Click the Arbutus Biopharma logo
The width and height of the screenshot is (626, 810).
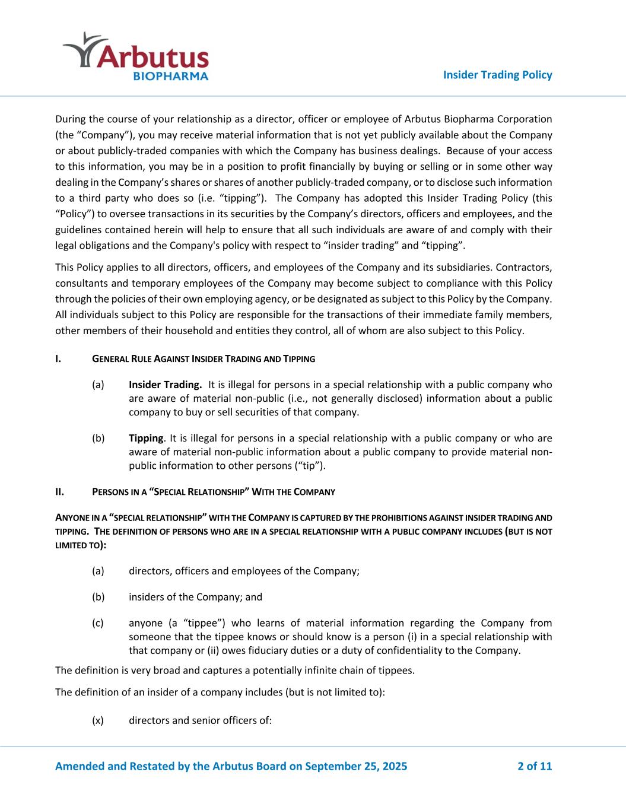tap(136, 57)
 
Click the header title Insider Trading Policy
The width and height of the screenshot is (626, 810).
tap(497, 75)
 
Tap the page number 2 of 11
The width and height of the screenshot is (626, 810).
tap(535, 766)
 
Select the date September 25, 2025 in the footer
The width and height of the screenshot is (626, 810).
tap(356, 766)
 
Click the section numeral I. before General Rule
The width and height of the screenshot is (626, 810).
tap(58, 359)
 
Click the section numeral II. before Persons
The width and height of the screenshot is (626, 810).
tap(59, 492)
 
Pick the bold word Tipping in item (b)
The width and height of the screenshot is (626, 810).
tap(146, 439)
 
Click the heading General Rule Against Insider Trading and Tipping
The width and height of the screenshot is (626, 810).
tap(204, 359)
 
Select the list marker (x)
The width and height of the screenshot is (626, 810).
tap(98, 720)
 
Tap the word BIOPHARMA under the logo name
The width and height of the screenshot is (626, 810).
tap(170, 77)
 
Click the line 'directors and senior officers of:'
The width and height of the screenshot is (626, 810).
tap(200, 720)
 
